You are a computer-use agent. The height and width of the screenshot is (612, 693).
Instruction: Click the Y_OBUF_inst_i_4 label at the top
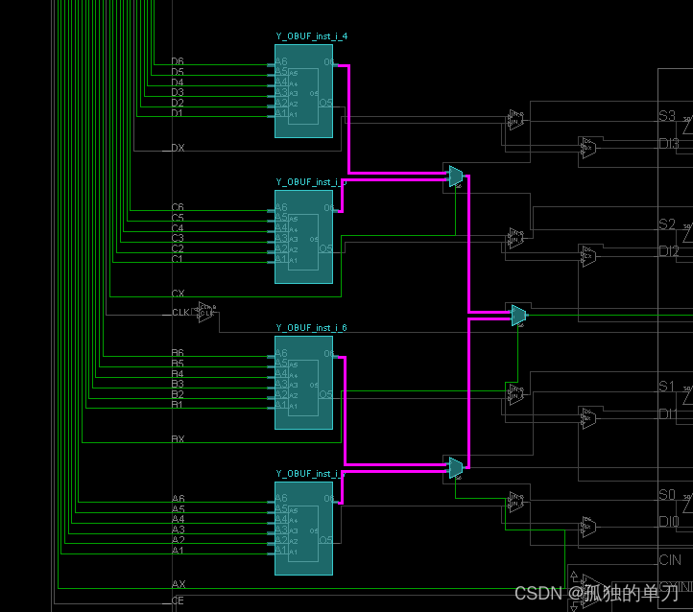pos(304,36)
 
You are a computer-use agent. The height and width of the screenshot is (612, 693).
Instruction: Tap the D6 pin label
pos(178,61)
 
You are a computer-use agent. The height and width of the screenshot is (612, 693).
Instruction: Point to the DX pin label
pos(178,149)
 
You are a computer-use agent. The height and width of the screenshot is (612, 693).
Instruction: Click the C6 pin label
pos(178,207)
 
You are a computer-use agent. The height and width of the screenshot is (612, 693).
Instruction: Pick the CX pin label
pos(178,294)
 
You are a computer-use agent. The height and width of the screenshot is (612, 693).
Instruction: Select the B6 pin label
pos(178,353)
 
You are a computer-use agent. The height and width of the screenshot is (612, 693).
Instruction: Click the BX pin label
pos(178,439)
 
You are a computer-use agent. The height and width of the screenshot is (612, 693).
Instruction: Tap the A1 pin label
pos(178,551)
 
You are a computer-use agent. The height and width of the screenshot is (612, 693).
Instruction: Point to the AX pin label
pos(179,584)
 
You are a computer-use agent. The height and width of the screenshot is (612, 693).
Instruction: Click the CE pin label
pos(178,600)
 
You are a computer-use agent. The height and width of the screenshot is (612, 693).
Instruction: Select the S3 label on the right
pos(667,116)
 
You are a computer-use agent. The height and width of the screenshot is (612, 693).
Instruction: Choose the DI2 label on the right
pos(669,251)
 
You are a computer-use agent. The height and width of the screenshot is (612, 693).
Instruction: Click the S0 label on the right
pos(667,495)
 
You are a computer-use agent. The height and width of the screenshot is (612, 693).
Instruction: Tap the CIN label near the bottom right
pos(670,560)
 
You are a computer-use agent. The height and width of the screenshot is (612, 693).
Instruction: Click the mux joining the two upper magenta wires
pos(456,176)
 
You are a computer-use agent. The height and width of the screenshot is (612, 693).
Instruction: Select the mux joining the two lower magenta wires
pos(456,467)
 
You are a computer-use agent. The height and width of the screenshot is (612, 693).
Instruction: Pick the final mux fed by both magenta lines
pos(518,315)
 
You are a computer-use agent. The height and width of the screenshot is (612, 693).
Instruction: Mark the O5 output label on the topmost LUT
pos(326,102)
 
